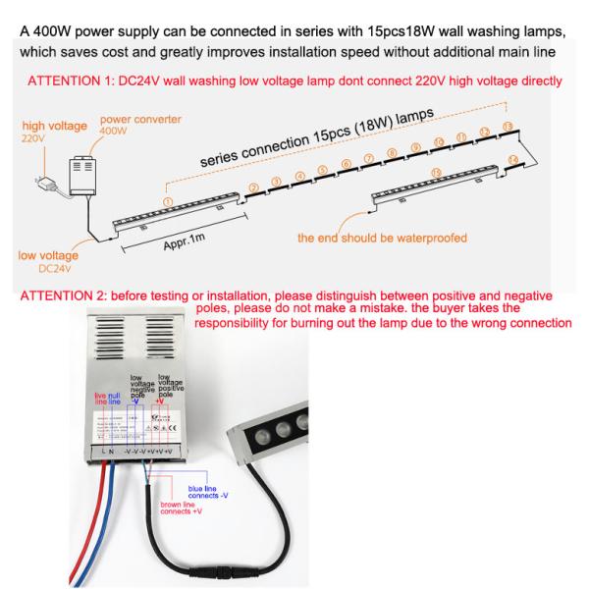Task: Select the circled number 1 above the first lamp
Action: pyautogui.click(x=168, y=200)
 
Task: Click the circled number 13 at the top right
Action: pyautogui.click(x=507, y=127)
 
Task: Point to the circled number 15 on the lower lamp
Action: pyautogui.click(x=436, y=175)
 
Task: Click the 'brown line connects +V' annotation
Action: pyautogui.click(x=198, y=514)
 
